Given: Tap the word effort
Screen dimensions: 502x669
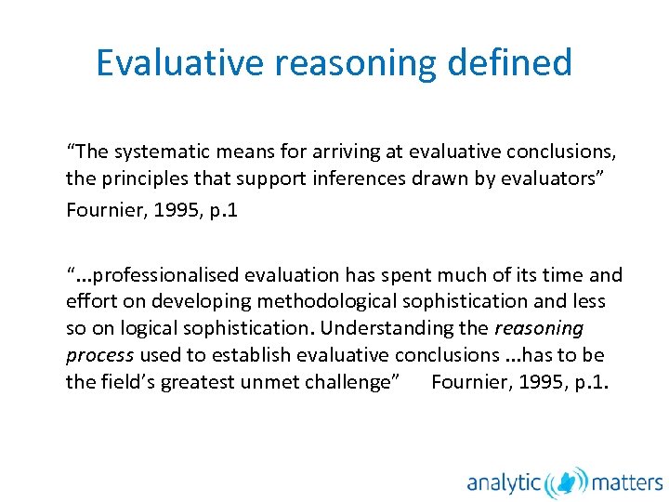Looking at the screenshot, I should pos(86,301).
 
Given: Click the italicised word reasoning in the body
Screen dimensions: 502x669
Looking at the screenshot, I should pos(539,328).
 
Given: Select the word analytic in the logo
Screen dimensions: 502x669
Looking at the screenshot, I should pos(504,482).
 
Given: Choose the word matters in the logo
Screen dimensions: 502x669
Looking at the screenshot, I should pos(627,482).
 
